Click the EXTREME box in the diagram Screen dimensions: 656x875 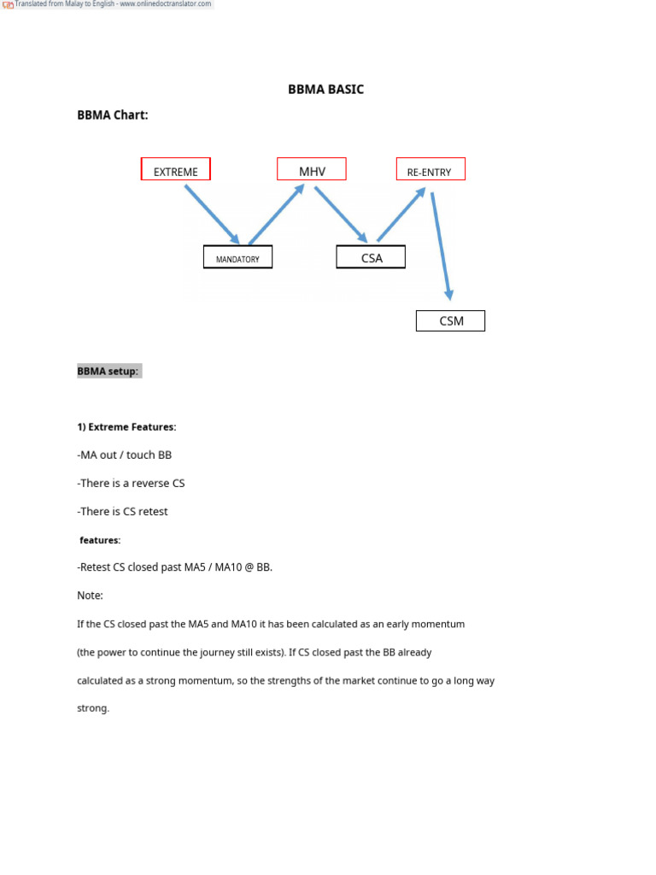(175, 170)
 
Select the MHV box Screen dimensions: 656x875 (312, 170)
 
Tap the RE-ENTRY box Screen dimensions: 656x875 (430, 170)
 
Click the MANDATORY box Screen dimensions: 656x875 (237, 258)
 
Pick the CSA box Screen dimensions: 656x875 (371, 257)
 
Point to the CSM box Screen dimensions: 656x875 (450, 321)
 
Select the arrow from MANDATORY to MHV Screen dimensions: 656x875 (276, 214)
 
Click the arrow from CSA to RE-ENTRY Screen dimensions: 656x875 (401, 215)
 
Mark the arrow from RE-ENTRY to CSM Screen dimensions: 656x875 (442, 246)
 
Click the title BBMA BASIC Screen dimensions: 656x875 (325, 90)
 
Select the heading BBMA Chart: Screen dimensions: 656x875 (113, 115)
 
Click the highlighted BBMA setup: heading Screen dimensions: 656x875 (108, 372)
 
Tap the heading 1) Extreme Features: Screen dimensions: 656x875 (126, 426)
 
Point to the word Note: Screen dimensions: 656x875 (90, 596)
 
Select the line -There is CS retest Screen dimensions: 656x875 (123, 512)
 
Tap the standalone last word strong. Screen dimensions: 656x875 (93, 708)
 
